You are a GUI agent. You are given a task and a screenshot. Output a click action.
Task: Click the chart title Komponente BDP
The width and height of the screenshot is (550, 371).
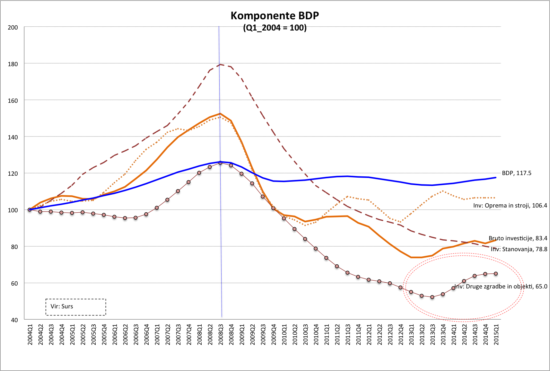click(x=275, y=16)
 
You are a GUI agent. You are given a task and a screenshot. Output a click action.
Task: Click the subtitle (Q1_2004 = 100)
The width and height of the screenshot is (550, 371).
click(x=275, y=28)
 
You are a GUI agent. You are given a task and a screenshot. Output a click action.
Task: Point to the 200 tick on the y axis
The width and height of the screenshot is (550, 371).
click(x=13, y=28)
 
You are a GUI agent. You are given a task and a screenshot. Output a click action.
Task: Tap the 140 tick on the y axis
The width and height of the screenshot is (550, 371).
click(x=13, y=137)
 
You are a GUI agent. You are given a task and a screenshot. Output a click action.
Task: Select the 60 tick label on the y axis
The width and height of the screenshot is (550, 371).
click(x=14, y=283)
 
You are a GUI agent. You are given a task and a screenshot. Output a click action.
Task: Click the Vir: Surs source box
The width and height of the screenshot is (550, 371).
click(x=76, y=307)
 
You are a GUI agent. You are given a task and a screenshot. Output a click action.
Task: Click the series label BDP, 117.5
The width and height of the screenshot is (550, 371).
click(x=517, y=173)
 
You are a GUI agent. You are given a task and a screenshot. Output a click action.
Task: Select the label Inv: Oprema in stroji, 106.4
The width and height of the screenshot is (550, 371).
click(x=510, y=206)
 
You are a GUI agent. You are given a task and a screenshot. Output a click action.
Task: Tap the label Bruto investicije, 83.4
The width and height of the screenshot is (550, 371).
click(x=518, y=238)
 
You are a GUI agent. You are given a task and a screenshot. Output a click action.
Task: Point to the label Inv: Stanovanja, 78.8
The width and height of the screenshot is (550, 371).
click(x=519, y=249)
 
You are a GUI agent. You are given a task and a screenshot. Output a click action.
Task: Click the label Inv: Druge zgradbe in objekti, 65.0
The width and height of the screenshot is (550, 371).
click(x=501, y=287)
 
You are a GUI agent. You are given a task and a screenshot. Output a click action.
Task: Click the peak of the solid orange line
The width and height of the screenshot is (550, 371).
click(x=220, y=114)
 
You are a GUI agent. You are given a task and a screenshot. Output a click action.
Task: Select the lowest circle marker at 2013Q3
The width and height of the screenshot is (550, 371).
click(x=432, y=297)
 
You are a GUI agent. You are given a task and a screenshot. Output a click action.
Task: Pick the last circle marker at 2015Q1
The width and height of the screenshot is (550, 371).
click(x=496, y=274)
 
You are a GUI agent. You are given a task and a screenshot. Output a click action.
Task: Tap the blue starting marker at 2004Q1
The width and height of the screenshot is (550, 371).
click(x=30, y=209)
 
